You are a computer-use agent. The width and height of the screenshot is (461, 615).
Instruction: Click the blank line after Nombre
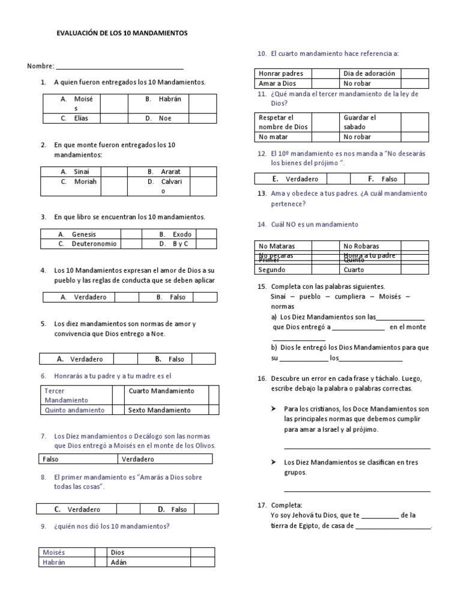120,66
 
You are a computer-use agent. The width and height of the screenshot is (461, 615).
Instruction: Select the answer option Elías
81,118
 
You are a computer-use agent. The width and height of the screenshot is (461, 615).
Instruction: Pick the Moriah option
85,181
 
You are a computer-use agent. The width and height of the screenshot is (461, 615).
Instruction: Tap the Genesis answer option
83,234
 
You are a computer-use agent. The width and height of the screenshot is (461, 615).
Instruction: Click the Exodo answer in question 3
182,234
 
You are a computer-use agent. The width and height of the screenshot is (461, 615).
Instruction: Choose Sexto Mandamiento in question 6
160,410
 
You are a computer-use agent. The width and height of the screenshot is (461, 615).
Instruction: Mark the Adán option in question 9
119,563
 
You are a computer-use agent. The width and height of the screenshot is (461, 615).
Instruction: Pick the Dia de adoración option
369,73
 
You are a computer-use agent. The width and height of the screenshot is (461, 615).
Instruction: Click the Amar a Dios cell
277,83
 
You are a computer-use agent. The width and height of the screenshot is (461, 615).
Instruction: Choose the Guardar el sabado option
360,122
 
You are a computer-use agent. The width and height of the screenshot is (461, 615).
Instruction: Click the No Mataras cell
277,246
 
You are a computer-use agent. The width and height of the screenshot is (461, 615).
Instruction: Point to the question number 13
262,193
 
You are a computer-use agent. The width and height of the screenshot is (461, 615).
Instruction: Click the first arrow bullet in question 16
273,408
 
